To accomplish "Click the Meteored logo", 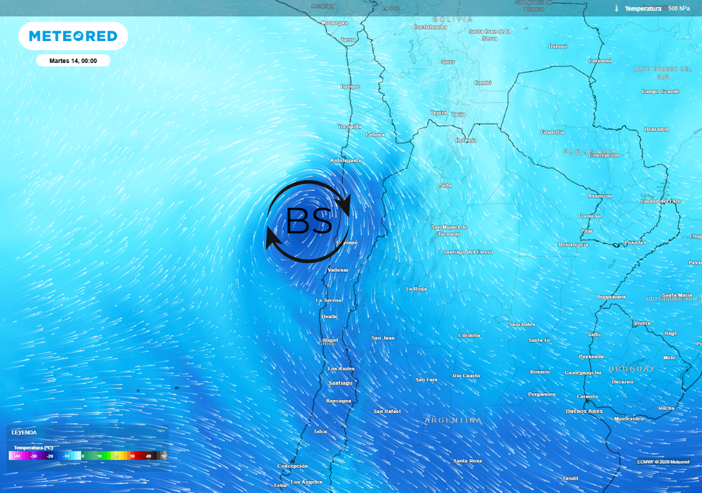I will pyautogui.click(x=73, y=36).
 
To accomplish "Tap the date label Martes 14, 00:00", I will pyautogui.click(x=73, y=61).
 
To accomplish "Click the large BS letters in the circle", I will pyautogui.click(x=309, y=221).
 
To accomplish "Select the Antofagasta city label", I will pyautogui.click(x=346, y=160).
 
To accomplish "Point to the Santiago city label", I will pyautogui.click(x=340, y=383).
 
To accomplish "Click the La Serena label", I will pyautogui.click(x=328, y=301).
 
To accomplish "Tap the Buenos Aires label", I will pyautogui.click(x=584, y=411).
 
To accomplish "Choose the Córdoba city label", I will pyautogui.click(x=470, y=336).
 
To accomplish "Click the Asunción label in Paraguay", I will pyautogui.click(x=600, y=196).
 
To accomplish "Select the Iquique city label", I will pyautogui.click(x=350, y=86).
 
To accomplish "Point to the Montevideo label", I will pyautogui.click(x=629, y=418).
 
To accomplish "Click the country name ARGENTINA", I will pyautogui.click(x=453, y=420).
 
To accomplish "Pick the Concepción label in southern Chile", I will pyautogui.click(x=293, y=466).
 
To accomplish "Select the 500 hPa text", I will pyautogui.click(x=679, y=8).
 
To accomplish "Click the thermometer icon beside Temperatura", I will pyautogui.click(x=617, y=8).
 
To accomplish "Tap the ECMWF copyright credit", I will pyautogui.click(x=662, y=462).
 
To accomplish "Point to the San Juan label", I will pyautogui.click(x=383, y=338).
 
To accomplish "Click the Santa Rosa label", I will pyautogui.click(x=468, y=461).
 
